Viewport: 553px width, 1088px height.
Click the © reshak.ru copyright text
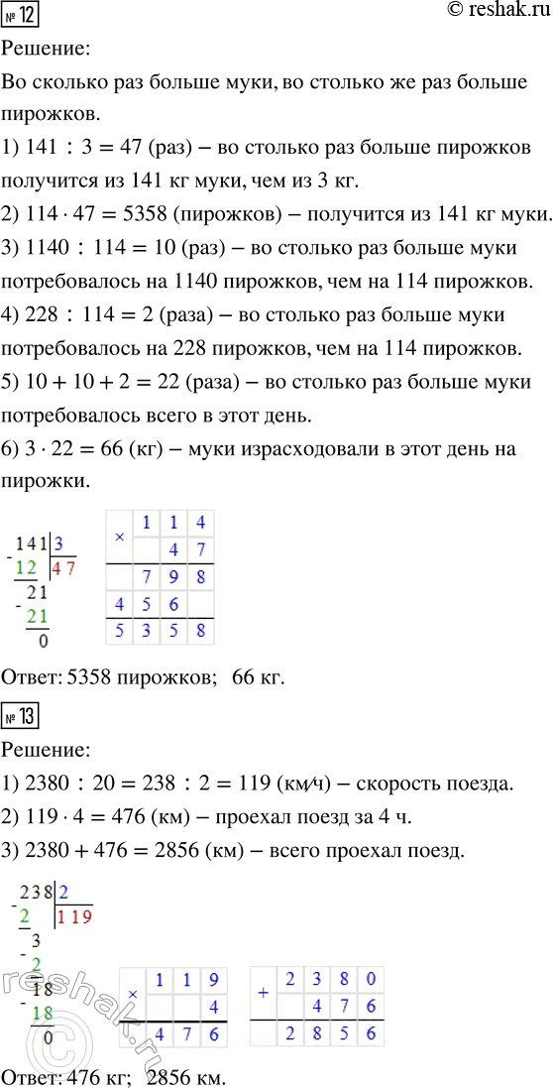pos(492,13)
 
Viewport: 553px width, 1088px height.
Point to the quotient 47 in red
pos(64,568)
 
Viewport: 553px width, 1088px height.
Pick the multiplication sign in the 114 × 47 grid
pos(120,537)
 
